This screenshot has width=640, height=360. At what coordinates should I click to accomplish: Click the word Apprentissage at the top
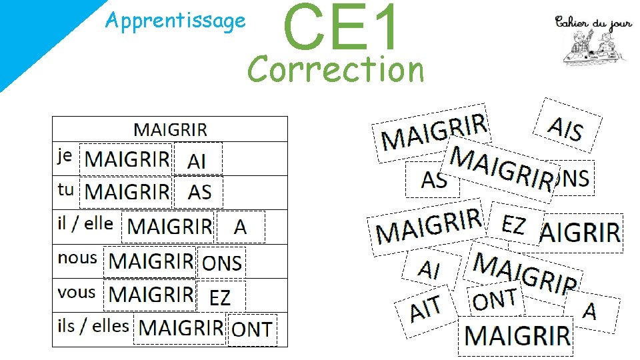tap(175, 21)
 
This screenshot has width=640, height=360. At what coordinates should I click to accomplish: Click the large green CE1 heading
tap(341, 27)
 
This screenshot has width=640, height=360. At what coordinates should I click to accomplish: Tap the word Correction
tap(336, 69)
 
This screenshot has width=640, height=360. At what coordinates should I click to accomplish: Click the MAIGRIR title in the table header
tap(171, 129)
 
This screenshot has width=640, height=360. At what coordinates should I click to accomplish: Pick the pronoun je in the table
tap(65, 156)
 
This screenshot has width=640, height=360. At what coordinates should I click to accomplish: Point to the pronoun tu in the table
tap(65, 189)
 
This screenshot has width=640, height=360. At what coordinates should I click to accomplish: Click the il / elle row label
tap(85, 223)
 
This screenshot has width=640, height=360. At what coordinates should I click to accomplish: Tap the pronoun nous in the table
tap(77, 257)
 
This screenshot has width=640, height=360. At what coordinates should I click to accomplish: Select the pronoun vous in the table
tap(77, 292)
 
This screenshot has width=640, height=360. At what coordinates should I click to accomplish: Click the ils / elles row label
tap(93, 326)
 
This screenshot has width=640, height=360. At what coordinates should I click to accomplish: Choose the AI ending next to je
tap(197, 161)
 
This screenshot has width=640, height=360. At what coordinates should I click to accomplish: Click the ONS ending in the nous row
tap(222, 263)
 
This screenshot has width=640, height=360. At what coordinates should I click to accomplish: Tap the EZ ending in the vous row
tap(221, 297)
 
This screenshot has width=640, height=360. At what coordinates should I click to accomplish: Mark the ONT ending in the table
tap(251, 329)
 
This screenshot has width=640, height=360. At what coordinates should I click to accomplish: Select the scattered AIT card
tap(426, 309)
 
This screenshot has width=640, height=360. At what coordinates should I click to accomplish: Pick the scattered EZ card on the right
tap(513, 225)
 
